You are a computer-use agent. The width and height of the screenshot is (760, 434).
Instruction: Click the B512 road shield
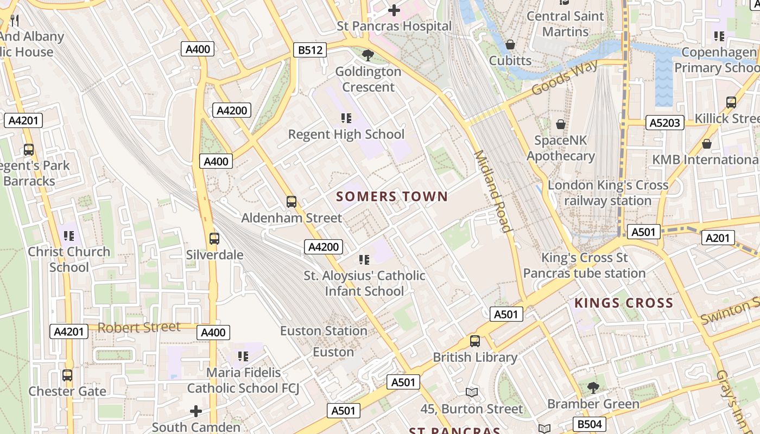pos(311,50)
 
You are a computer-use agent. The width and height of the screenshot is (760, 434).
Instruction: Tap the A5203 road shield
pos(664,123)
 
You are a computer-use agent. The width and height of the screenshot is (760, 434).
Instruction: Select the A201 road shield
pos(718,238)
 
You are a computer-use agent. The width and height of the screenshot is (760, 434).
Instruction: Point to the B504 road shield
pos(588,424)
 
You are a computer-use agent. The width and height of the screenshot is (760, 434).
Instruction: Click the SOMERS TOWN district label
pos(392,196)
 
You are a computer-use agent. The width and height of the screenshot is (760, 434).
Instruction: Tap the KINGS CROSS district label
pos(624,303)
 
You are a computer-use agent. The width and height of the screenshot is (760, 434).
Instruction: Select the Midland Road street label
pos(493,191)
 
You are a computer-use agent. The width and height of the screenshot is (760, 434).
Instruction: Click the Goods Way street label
pos(565,77)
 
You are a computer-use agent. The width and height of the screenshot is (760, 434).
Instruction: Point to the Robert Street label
pos(139,327)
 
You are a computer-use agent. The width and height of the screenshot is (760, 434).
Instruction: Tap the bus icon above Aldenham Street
pos(292,202)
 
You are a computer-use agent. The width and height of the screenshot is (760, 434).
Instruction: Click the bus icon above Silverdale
pos(214,238)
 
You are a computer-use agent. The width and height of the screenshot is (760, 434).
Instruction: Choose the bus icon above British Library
pos(475,341)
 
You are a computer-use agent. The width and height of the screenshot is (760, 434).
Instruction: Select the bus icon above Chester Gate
pos(67,375)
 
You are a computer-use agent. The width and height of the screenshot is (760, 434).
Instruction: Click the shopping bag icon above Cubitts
pos(510,44)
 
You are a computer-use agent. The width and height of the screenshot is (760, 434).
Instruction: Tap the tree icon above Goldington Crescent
pos(368,55)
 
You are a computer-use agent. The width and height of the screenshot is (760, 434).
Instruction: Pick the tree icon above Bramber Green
pos(593,388)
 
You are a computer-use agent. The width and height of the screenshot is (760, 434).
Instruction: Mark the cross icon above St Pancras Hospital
pos(394,10)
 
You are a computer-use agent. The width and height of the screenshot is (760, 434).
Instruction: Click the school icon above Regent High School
pos(346,118)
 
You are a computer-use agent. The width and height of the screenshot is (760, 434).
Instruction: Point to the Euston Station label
pos(324,331)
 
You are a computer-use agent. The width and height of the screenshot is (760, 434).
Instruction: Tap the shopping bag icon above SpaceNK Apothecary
pos(561,124)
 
